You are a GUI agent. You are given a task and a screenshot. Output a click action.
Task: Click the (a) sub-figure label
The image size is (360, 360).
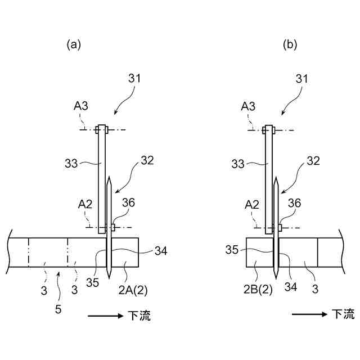point(74,44)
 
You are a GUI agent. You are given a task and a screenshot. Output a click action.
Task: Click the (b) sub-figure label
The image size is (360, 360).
point(290,44)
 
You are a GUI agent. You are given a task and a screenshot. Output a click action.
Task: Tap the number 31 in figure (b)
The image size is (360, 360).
point(302,79)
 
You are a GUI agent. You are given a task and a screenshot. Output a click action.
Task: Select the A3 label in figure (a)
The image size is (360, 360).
point(80,106)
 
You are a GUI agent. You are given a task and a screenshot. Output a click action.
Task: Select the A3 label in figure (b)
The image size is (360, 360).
point(248,106)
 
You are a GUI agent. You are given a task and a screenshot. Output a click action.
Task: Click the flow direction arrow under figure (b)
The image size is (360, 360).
point(309,314)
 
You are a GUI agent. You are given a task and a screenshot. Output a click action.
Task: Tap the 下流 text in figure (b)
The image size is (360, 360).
point(343,314)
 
